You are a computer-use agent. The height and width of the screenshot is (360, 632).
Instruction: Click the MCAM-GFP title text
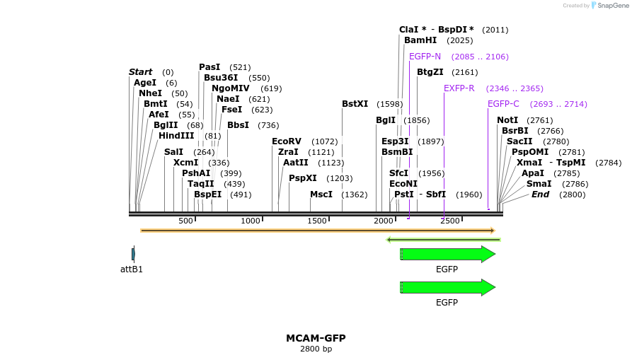tap(316, 338)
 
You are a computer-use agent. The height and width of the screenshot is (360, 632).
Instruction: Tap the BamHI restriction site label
tap(420, 40)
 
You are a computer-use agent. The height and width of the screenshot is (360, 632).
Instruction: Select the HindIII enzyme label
tap(176, 136)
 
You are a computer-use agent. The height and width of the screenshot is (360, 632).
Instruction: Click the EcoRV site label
tap(287, 141)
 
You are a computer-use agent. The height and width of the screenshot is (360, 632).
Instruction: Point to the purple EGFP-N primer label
tap(425, 57)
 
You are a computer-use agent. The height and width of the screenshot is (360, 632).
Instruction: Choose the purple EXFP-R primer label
tap(459, 88)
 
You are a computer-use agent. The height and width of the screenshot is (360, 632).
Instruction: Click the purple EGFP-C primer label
tap(503, 104)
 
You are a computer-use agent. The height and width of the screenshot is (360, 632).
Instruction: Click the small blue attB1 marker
tap(133, 253)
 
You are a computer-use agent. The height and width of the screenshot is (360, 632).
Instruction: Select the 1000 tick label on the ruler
tap(251, 221)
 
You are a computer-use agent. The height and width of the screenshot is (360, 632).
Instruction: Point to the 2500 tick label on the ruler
tap(450, 221)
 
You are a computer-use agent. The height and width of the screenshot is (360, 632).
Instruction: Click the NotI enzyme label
tap(507, 120)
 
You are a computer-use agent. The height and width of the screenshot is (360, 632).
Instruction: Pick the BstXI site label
tap(355, 104)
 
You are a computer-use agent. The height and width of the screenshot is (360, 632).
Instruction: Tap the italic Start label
tap(140, 72)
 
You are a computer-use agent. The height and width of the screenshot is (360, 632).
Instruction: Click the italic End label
tap(540, 194)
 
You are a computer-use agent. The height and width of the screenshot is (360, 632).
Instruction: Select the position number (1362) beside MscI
tap(355, 194)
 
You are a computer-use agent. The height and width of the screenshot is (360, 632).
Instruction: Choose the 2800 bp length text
tap(316, 349)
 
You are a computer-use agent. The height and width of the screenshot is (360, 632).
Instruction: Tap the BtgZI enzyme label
tap(430, 72)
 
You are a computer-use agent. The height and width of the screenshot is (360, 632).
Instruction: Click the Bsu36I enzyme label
tap(221, 78)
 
